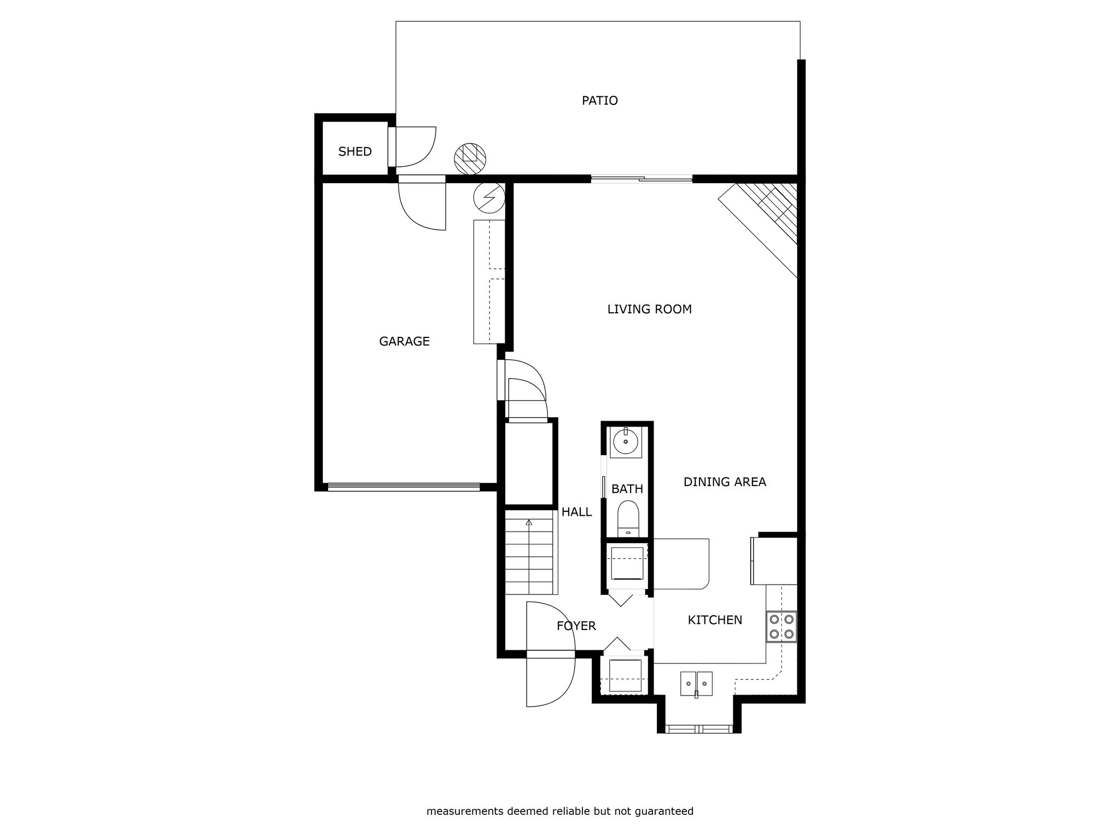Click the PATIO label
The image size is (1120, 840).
coord(599,101)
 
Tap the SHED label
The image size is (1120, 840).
coord(355,151)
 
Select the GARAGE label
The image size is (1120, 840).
coord(404,341)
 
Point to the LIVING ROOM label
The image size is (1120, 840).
coord(649,309)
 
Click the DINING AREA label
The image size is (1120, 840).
coord(725,482)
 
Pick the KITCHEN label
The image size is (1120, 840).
coord(715,620)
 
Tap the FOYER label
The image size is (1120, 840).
coord(576,626)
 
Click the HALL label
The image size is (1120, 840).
coord(576,512)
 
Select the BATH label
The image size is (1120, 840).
coord(627,489)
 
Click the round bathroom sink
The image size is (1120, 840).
coord(626,442)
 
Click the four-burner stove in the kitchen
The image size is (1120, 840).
coord(781,627)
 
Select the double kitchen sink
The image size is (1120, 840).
coord(696,684)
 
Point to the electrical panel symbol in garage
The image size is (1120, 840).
coord(488,197)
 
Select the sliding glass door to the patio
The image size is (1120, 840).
coord(641,178)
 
